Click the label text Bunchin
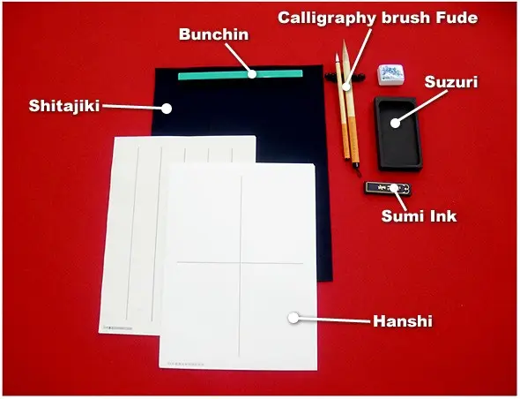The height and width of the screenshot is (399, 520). coord(214,34)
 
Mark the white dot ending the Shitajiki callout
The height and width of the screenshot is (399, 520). coord(166,108)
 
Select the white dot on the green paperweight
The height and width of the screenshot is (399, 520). coord(253,75)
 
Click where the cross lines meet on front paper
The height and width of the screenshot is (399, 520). coord(240,263)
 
